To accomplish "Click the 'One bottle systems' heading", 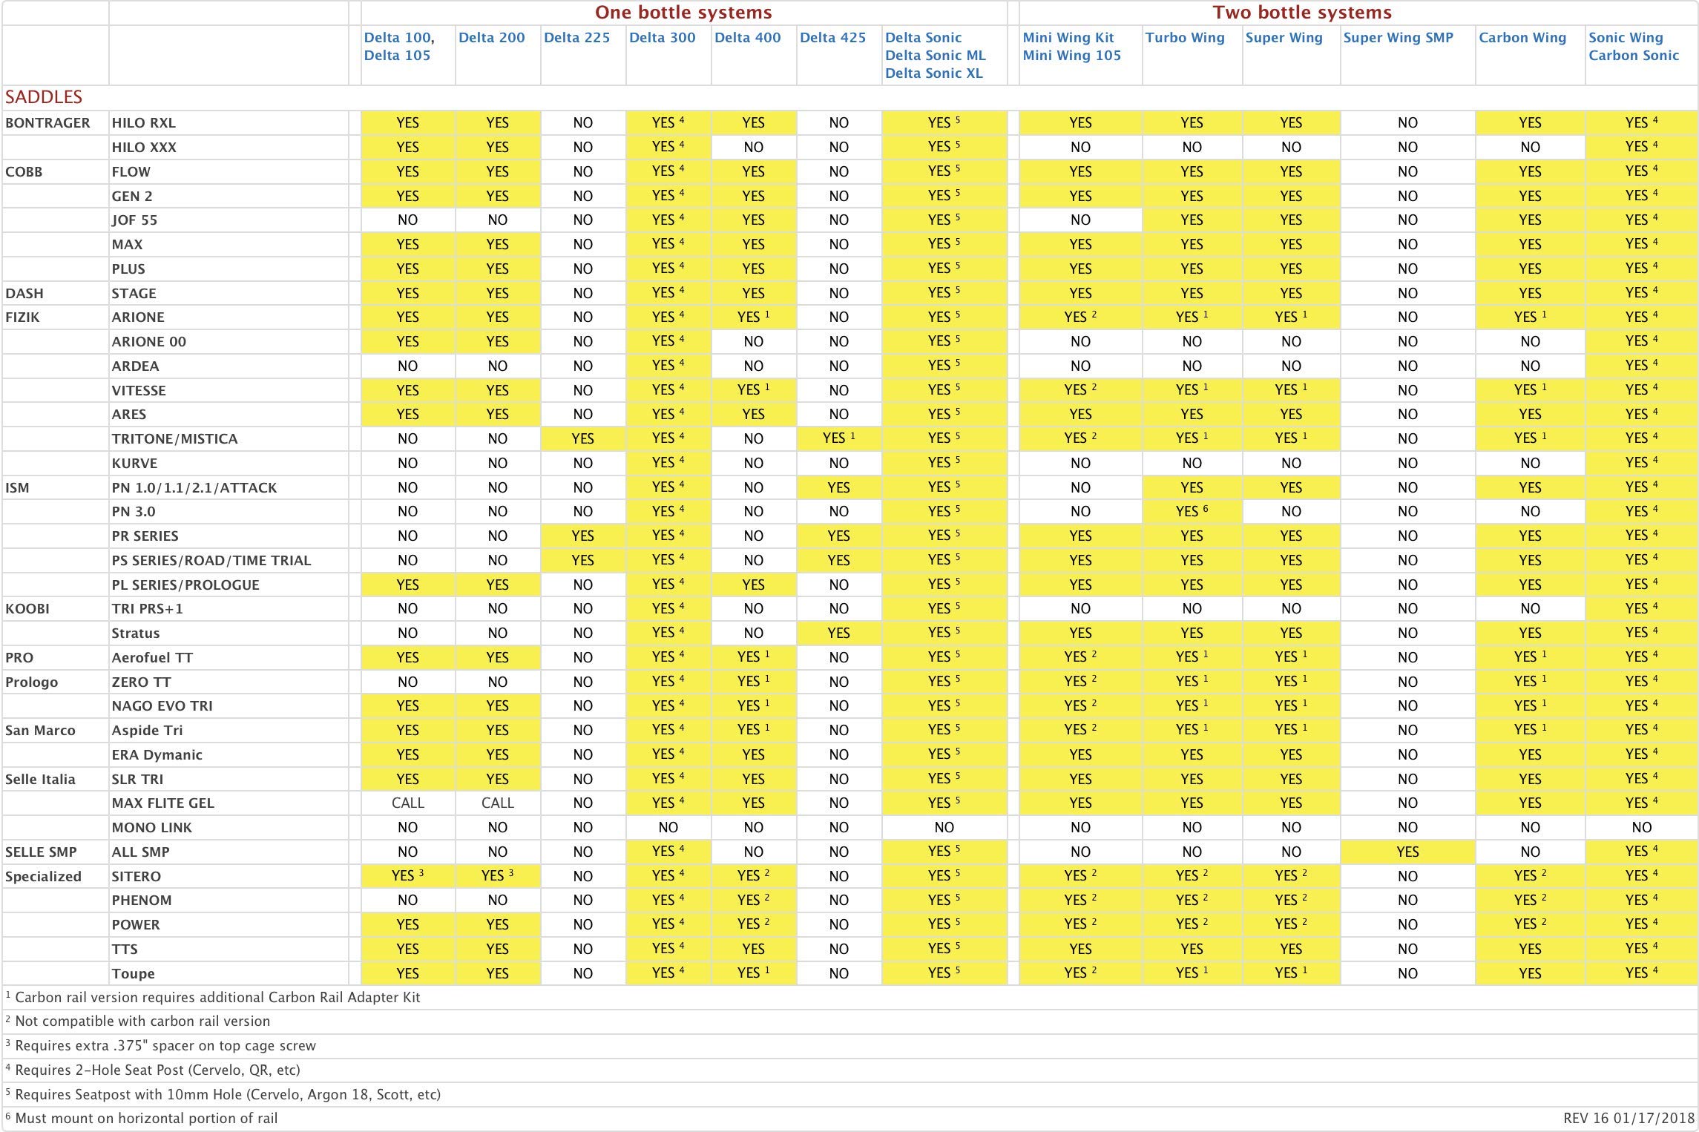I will coord(683,13).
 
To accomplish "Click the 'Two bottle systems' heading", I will coord(1302,13).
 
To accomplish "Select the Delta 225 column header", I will coord(576,38).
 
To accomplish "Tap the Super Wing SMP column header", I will coord(1398,38).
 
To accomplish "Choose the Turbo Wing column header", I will coord(1185,38).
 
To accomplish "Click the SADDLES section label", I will coord(44,97).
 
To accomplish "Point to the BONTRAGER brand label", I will coord(47,123).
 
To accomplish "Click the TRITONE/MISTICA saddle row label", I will coord(174,439).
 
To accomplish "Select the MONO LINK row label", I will coord(151,828).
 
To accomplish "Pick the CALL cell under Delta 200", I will coord(497,803).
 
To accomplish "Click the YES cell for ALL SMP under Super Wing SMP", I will coord(1407,852).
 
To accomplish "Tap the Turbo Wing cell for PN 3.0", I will coord(1192,512).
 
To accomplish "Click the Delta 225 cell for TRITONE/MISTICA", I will coord(582,439).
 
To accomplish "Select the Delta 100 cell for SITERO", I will coord(407,876).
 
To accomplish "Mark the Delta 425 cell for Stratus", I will coord(838,634).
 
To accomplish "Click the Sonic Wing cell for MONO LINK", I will coord(1641,828).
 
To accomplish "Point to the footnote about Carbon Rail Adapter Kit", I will coord(217,998).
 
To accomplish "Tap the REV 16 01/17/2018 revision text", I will coord(1629,1119).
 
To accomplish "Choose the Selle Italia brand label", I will coord(40,780).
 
